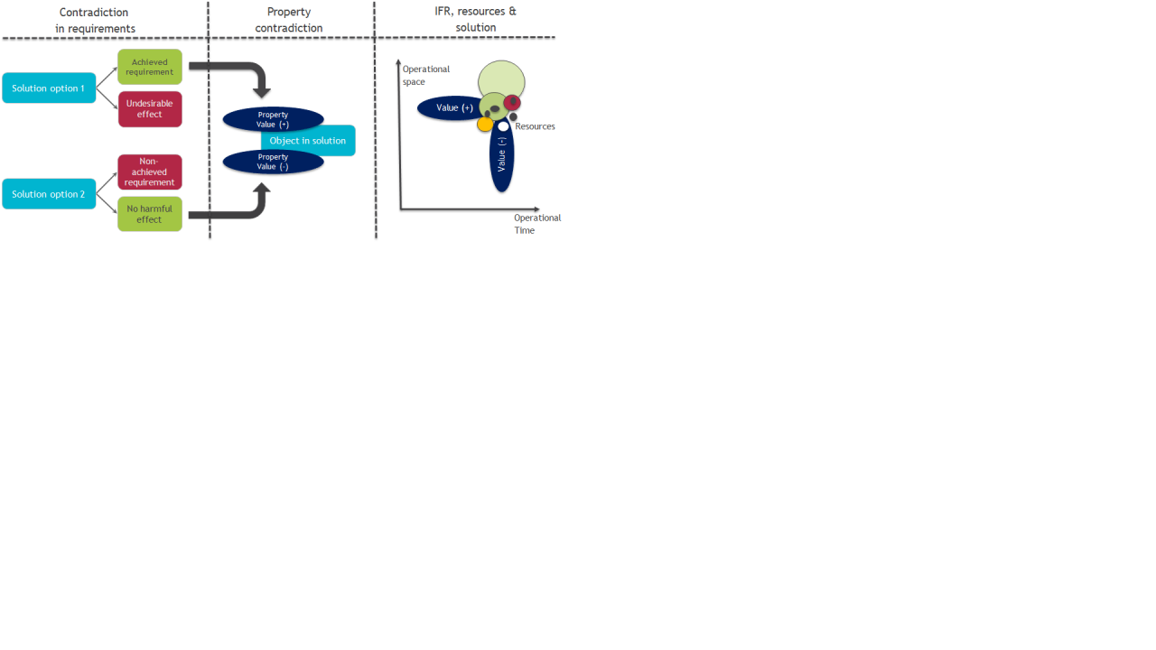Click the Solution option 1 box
(x=49, y=88)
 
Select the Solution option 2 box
(x=49, y=194)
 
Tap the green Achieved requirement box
(x=150, y=67)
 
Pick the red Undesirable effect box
(x=150, y=109)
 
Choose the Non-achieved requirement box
(x=150, y=172)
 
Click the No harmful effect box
(x=150, y=214)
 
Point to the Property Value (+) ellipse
(x=273, y=119)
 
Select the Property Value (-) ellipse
(x=273, y=162)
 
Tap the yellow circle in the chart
(x=485, y=124)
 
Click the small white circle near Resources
(x=503, y=126)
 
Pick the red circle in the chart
(x=512, y=102)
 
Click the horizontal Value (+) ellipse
(x=449, y=107)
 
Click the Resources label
(x=535, y=126)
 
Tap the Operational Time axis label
(x=537, y=224)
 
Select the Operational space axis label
(x=425, y=75)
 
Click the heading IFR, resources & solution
(x=475, y=19)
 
